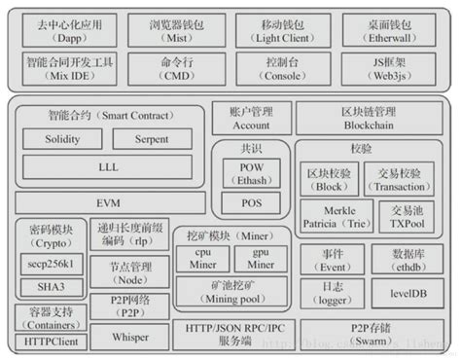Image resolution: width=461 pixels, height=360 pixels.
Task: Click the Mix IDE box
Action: pyautogui.click(x=66, y=68)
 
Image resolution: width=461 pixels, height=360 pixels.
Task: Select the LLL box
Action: pyautogui.click(x=108, y=167)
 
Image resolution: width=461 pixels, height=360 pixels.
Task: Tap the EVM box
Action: pyautogui.click(x=107, y=201)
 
